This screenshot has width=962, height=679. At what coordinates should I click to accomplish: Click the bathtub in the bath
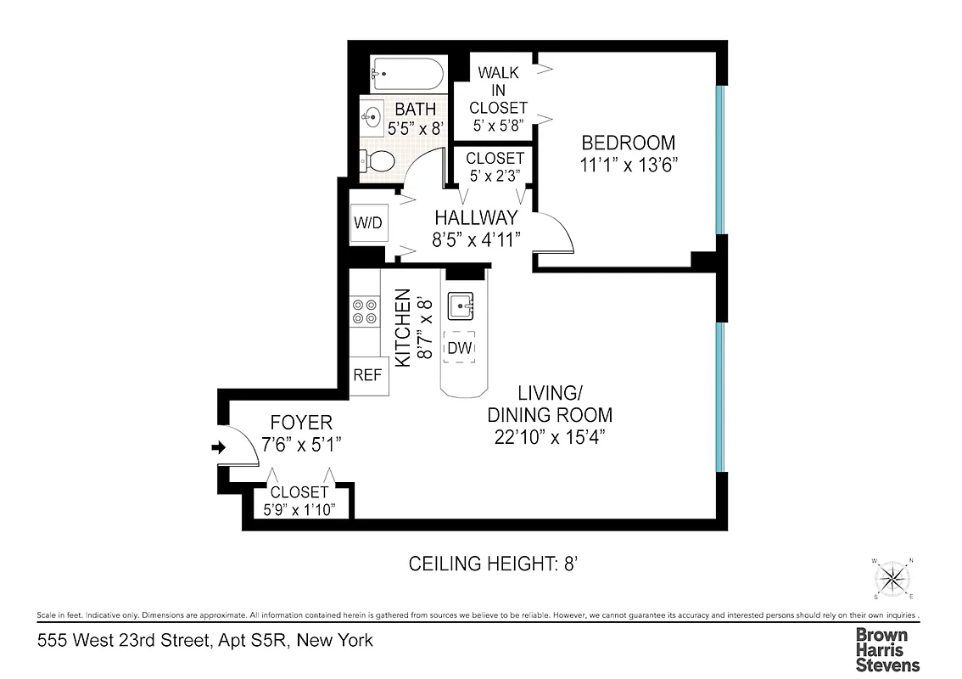coord(407,75)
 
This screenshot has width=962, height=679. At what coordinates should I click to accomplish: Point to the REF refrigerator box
coord(369,374)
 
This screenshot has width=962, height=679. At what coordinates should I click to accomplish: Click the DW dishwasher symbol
coord(459,347)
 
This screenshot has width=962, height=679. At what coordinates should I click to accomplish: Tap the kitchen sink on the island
coord(461,304)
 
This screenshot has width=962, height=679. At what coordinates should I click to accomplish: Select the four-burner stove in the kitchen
coord(365,311)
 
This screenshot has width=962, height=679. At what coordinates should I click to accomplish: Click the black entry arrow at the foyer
coord(219,447)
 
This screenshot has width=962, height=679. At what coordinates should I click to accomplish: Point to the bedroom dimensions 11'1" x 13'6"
coord(628,166)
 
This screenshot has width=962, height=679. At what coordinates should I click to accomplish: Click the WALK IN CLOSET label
coord(498,90)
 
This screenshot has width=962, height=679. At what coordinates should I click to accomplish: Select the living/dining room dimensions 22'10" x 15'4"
coord(549,436)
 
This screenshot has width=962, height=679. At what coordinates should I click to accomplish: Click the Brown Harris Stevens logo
coord(886,649)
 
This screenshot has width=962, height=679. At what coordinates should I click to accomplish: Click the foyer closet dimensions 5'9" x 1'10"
coord(299,508)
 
